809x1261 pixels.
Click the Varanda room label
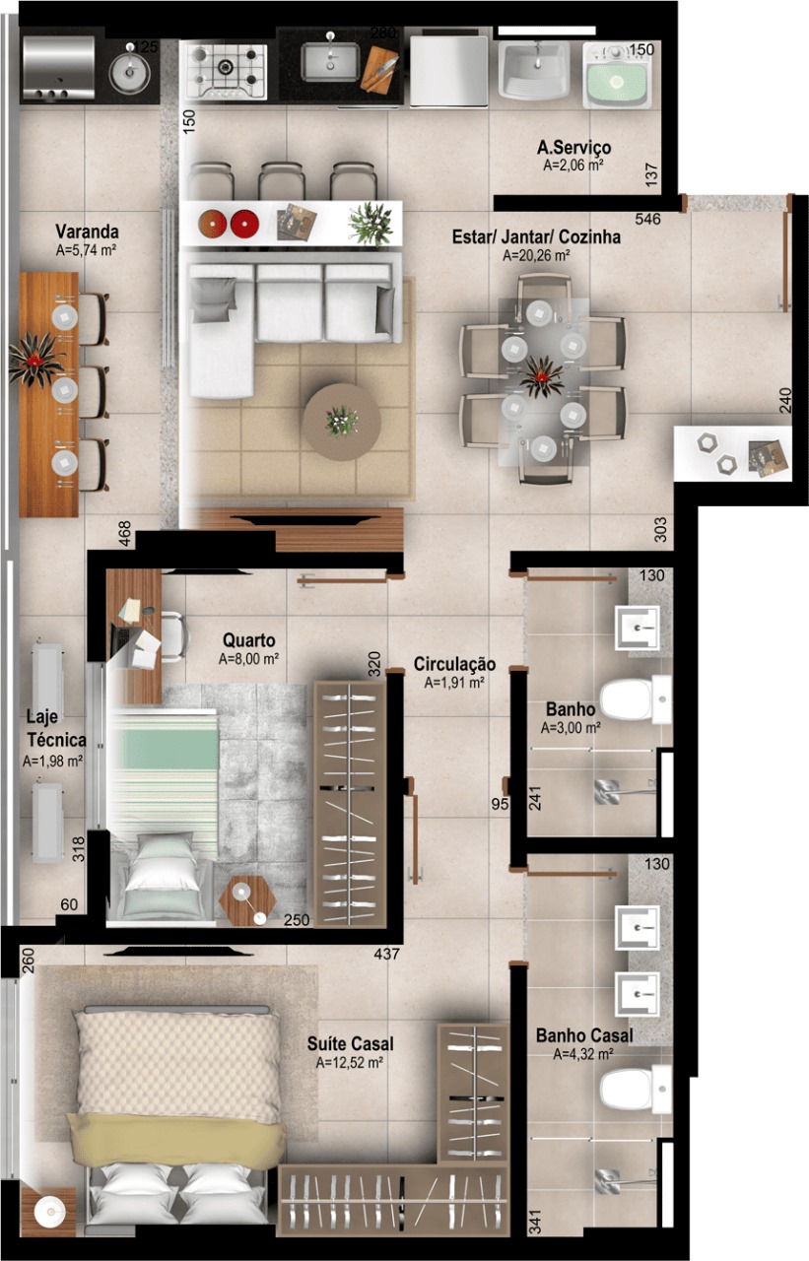pos(87,232)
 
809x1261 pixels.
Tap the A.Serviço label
pos(573,148)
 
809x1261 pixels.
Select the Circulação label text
pos(454,664)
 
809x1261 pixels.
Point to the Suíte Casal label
pos(350,1043)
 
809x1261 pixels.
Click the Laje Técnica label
pos(56,728)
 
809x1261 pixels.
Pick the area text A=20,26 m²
pos(536,255)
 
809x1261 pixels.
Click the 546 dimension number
pos(647,219)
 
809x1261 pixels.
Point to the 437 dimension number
pos(387,954)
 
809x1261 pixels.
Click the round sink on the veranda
pos(129,72)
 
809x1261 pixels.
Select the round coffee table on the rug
pos(341,422)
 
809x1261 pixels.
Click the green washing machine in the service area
pos(617,77)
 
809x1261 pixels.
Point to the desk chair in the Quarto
pos(175,635)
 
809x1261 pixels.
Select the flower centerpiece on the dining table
pos(542,376)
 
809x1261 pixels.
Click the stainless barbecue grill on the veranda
pos(58,68)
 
